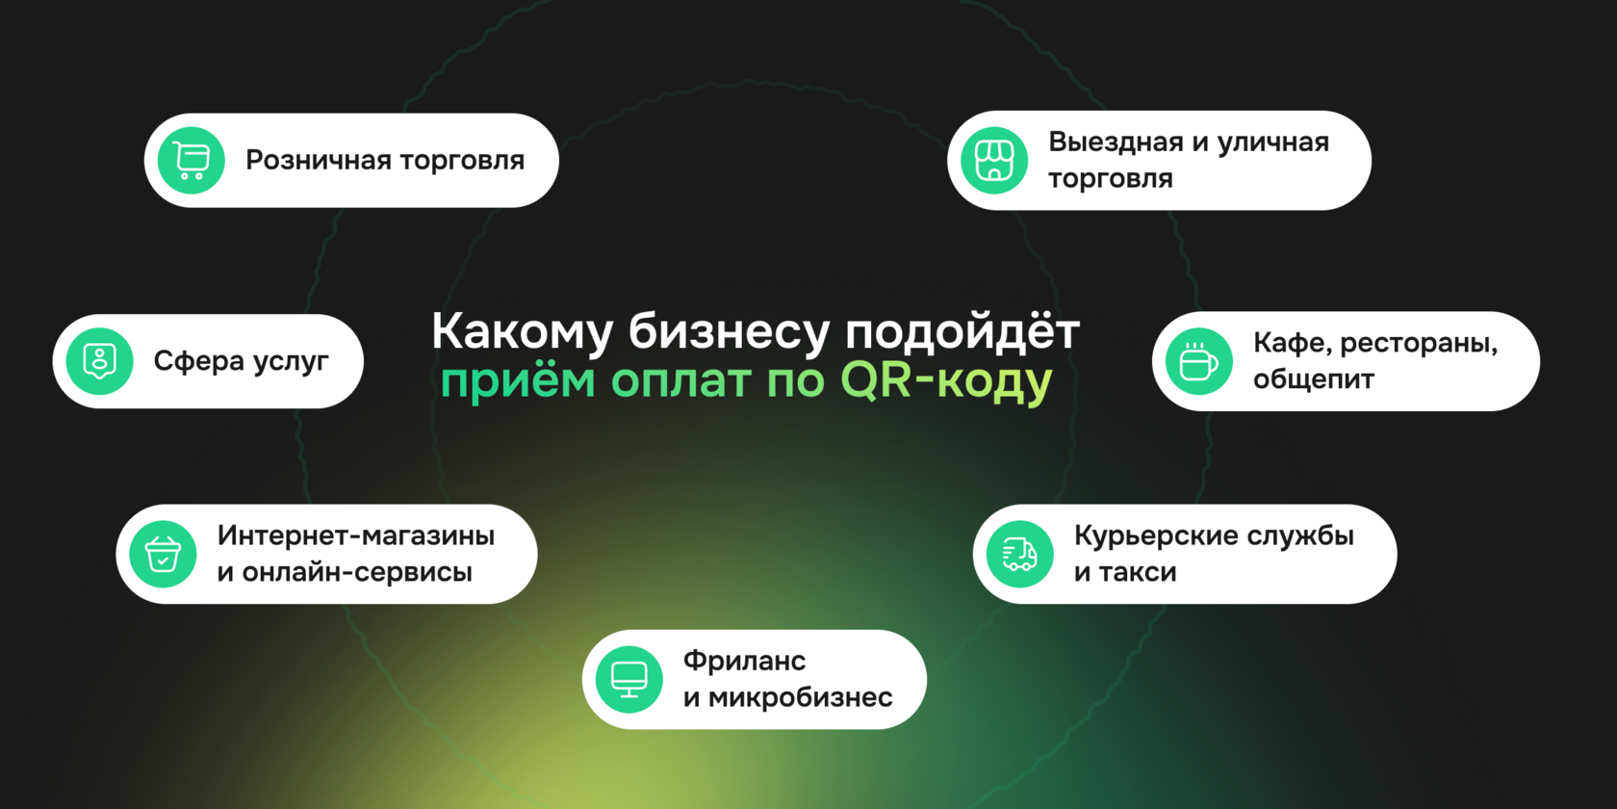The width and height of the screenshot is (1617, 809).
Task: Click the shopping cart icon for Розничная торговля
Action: [x=192, y=161]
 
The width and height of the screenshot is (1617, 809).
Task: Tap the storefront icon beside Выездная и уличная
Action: [x=994, y=161]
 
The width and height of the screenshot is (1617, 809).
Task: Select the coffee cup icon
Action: [x=1198, y=362]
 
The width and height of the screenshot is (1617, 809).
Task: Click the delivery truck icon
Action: [x=1019, y=555]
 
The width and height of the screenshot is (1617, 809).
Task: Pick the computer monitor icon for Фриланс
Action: [x=629, y=680]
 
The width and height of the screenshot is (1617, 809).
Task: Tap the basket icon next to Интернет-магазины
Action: [x=163, y=555]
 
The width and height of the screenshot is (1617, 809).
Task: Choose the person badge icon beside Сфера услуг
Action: [x=100, y=362]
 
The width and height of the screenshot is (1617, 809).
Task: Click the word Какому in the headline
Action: [x=522, y=332]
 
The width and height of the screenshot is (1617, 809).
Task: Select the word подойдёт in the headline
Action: [x=962, y=332]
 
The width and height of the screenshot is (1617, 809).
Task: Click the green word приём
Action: [x=517, y=381]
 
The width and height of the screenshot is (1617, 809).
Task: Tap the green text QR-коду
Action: [x=946, y=381]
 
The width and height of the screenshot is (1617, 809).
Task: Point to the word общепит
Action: [x=1313, y=379]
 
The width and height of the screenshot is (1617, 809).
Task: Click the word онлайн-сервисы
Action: [x=357, y=572]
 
